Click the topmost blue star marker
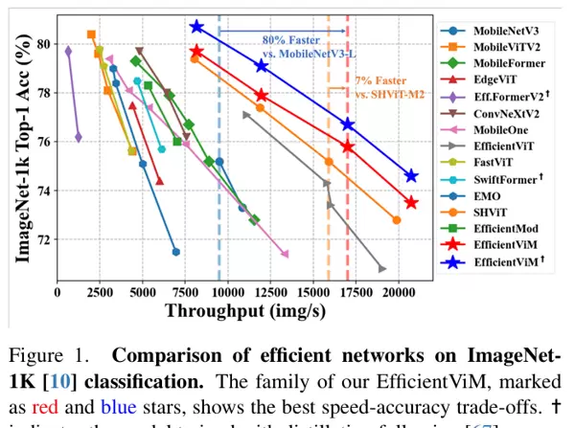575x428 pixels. click(196, 27)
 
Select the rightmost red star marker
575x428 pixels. click(411, 202)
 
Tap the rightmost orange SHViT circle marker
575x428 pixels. click(396, 220)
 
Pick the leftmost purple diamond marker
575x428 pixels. click(68, 50)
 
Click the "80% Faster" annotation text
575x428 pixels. click(288, 40)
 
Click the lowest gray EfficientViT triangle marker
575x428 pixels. click(382, 269)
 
